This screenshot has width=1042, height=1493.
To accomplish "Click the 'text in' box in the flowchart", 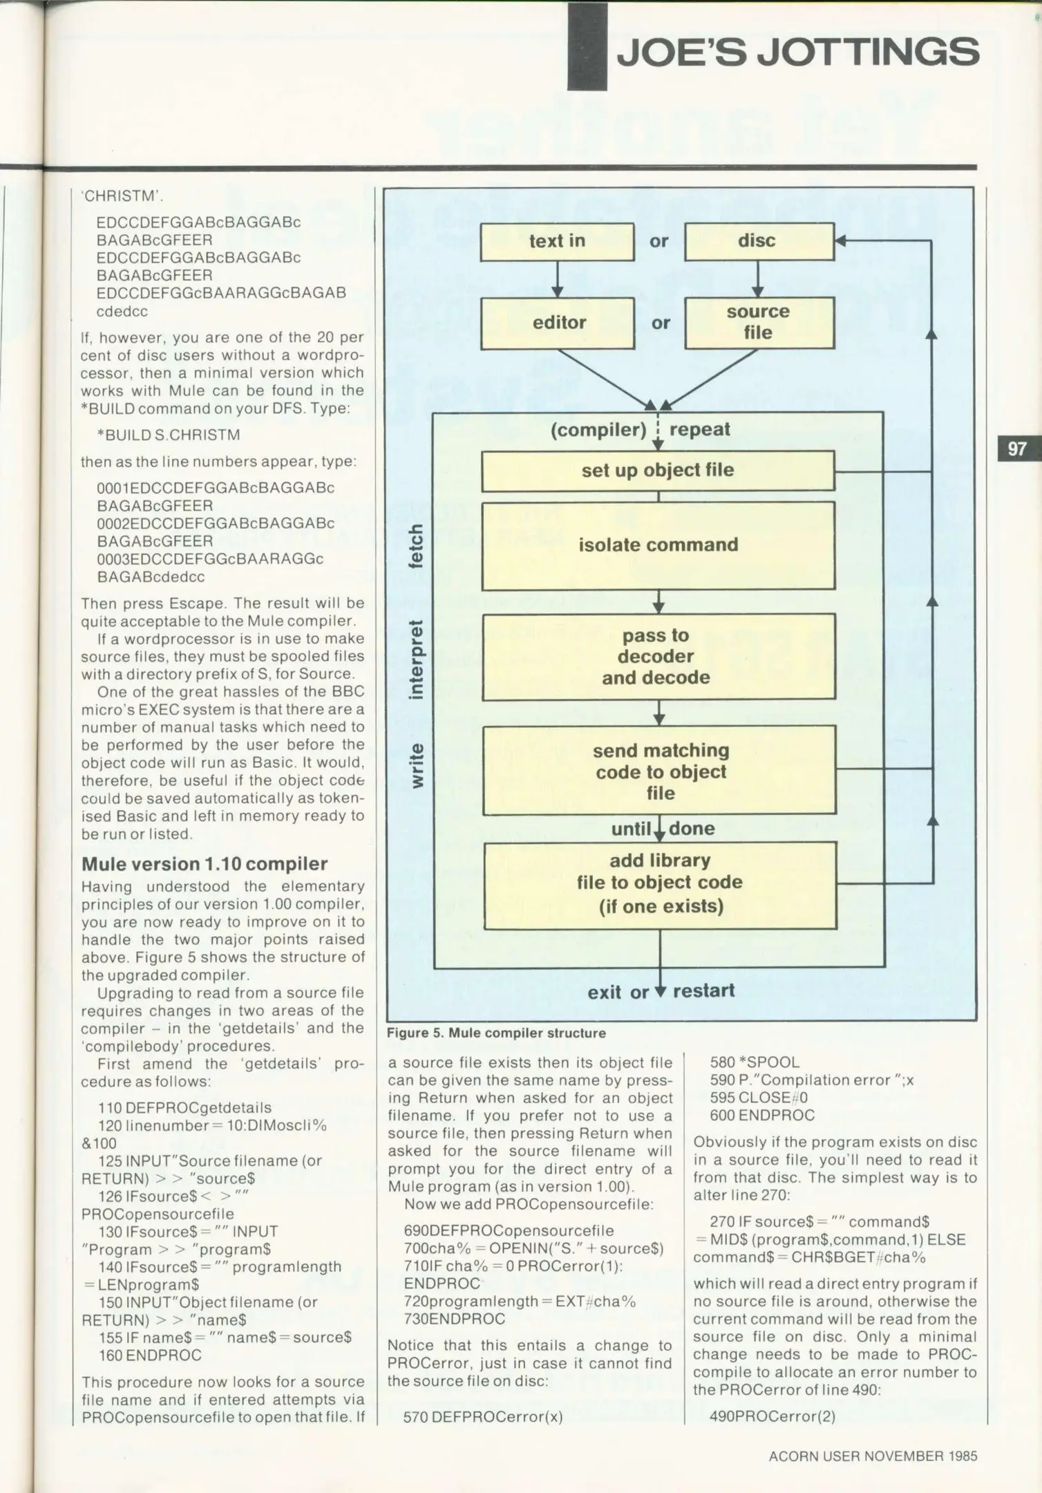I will point(557,241).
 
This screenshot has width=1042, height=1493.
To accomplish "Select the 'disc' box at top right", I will point(759,241).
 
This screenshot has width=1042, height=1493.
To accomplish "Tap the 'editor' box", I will point(558,323).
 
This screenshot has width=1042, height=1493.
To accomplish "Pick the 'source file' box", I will point(759,323).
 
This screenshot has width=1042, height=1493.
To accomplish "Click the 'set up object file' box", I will point(657,471).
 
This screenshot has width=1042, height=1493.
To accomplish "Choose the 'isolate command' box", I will point(658,545).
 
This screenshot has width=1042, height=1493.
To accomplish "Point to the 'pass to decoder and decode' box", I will point(658,657).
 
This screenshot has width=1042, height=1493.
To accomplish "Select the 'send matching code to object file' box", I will point(659,771).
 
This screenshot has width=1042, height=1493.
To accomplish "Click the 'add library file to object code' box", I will point(660,885).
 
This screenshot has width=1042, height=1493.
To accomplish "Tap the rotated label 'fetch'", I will point(416,546).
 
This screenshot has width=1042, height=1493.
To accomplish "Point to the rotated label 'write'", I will point(417,765).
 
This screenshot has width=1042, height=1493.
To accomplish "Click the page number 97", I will point(1016,449).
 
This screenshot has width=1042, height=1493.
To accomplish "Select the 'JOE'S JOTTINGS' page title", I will point(797,52).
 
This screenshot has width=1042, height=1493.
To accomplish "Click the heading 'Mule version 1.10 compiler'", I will point(205,864).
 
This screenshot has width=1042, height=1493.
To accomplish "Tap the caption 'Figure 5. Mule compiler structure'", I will point(496,1033).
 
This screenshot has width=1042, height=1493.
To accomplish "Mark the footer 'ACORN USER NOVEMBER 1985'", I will point(873,1456).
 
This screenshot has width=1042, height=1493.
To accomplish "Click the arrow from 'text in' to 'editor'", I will point(557,279).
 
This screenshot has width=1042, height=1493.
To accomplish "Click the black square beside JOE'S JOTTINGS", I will point(587,47).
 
